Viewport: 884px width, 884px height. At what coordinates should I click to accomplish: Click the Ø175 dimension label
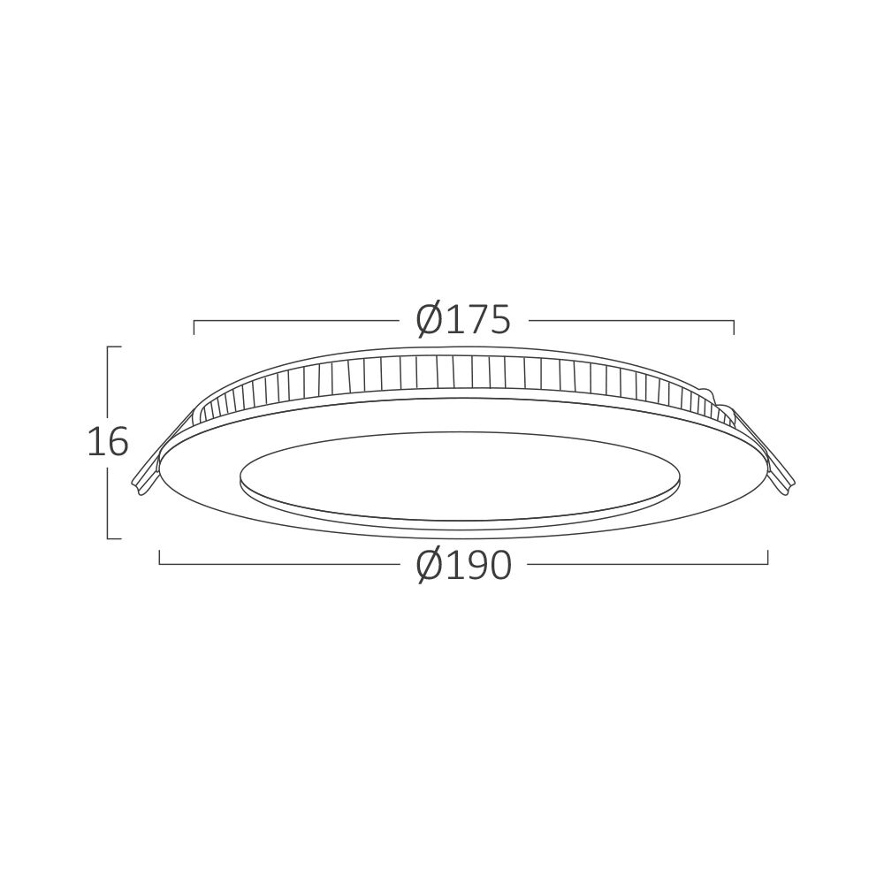(463, 320)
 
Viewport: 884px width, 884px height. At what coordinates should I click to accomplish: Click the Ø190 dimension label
(463, 566)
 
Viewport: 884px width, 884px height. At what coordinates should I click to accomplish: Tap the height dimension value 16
(108, 442)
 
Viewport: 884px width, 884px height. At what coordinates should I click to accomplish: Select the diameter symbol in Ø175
(429, 320)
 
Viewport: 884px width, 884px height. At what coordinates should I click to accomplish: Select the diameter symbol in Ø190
(429, 566)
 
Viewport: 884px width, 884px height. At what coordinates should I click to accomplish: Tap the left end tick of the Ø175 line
(194, 327)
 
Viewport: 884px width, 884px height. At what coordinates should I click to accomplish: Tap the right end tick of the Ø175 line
(734, 327)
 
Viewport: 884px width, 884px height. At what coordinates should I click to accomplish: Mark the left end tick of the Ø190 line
(160, 558)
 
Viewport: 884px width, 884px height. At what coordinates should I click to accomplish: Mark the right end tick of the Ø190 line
(767, 558)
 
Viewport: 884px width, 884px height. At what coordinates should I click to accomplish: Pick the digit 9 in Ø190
(474, 566)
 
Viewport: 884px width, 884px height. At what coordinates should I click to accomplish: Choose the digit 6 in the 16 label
(118, 442)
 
